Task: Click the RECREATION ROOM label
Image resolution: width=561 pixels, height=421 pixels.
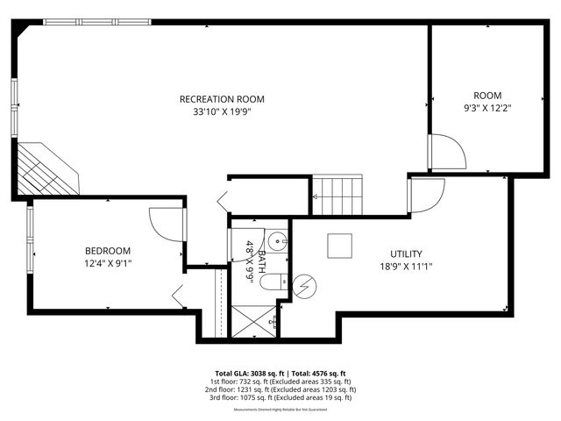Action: click(222, 99)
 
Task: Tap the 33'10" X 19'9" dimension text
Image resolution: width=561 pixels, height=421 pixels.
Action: click(222, 112)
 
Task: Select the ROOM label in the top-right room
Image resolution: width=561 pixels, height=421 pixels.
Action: click(487, 96)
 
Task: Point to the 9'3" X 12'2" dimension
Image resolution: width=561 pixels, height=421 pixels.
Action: click(487, 109)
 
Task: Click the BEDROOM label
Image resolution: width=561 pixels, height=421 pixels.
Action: click(108, 250)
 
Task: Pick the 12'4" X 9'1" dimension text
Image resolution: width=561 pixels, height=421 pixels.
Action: click(108, 262)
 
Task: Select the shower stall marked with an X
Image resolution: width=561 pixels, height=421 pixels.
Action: click(253, 321)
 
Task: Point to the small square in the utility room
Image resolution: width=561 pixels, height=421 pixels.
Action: click(339, 246)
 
